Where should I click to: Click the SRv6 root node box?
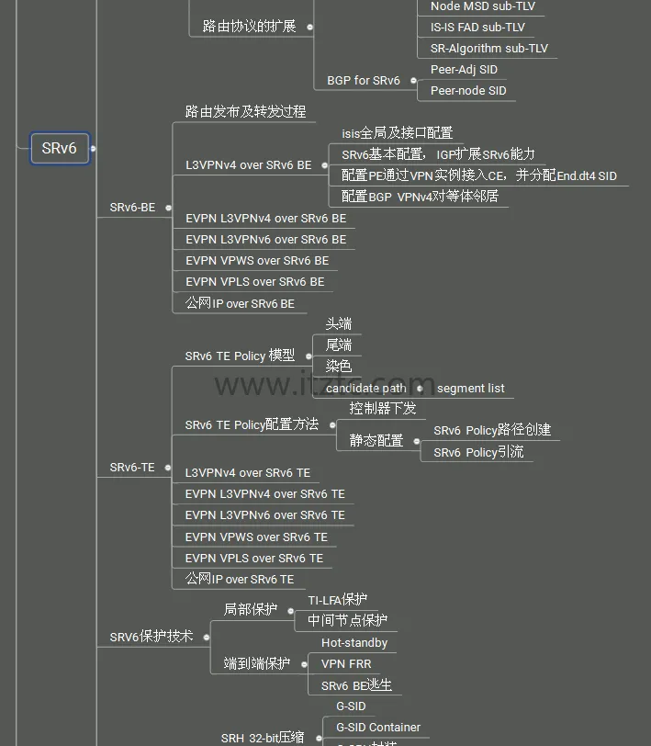pyautogui.click(x=60, y=148)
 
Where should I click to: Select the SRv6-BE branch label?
pyautogui.click(x=132, y=208)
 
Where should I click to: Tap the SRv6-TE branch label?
pyautogui.click(x=132, y=468)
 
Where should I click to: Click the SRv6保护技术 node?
pyautogui.click(x=152, y=637)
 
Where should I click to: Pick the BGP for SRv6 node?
pyautogui.click(x=364, y=81)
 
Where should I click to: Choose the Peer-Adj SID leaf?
pyautogui.click(x=464, y=70)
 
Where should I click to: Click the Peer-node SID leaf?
pyautogui.click(x=467, y=91)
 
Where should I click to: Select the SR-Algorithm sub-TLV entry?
pyautogui.click(x=488, y=49)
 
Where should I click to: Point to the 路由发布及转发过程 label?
pyautogui.click(x=245, y=112)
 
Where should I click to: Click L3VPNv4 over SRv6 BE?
pyautogui.click(x=248, y=165)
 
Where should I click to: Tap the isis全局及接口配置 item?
pyautogui.click(x=397, y=133)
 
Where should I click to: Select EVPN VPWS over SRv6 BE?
pyautogui.click(x=256, y=261)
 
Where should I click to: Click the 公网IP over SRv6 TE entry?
pyautogui.click(x=240, y=580)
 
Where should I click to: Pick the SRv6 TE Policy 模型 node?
pyautogui.click(x=240, y=356)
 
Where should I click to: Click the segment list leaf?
pyautogui.click(x=470, y=389)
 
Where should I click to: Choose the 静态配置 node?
pyautogui.click(x=376, y=441)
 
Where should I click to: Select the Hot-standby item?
pyautogui.click(x=354, y=643)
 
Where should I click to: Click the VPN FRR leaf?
pyautogui.click(x=346, y=663)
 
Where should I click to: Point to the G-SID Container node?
pyautogui.click(x=377, y=728)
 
